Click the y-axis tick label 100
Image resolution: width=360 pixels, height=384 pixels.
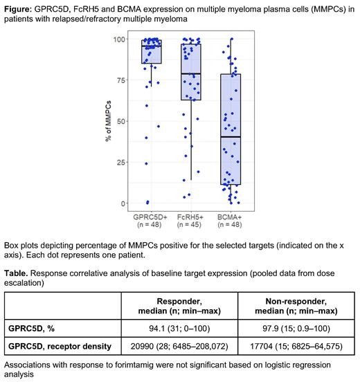[123, 39]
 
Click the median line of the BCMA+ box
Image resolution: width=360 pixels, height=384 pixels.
[230, 137]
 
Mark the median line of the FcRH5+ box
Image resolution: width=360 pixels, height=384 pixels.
[190, 73]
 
